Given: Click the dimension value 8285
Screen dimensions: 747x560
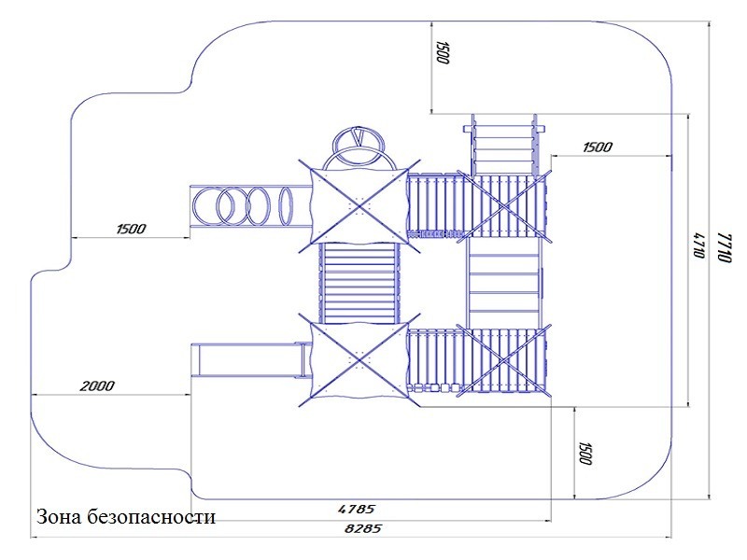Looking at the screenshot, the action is click(363, 528).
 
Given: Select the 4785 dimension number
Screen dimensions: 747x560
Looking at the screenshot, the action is click(357, 509).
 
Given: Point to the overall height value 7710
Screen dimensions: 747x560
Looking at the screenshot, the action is click(725, 247).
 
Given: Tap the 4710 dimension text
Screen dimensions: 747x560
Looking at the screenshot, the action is click(698, 245).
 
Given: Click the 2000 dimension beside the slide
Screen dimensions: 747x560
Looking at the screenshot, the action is click(97, 385).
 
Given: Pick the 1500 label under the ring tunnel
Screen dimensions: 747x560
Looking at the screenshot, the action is click(131, 229).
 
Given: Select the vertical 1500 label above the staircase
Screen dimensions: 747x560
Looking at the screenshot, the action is click(443, 52).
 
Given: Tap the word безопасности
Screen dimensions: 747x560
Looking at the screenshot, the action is click(151, 517).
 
